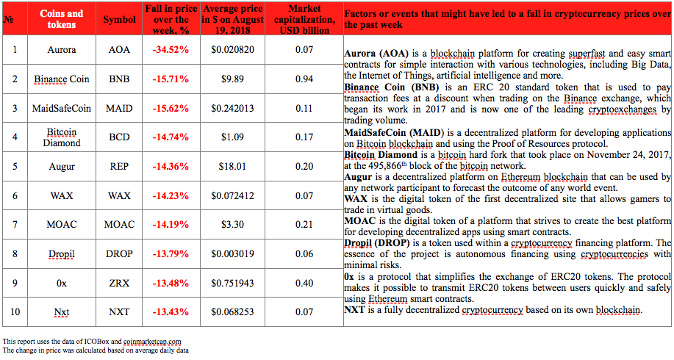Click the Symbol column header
(x=119, y=19)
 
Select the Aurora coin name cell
(x=62, y=50)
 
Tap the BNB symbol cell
(x=119, y=79)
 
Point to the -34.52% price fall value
(x=171, y=50)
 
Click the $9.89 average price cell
(x=232, y=79)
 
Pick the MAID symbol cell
(x=119, y=108)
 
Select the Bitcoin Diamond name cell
(x=62, y=137)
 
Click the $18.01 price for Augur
(x=232, y=167)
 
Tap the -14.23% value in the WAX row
(x=171, y=196)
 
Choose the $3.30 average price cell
(x=232, y=225)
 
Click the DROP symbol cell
(x=119, y=254)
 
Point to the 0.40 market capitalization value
(x=304, y=283)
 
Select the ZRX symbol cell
(x=119, y=283)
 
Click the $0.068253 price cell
(x=232, y=312)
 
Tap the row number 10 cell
(x=15, y=312)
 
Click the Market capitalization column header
(x=304, y=19)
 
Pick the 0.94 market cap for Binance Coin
(x=304, y=79)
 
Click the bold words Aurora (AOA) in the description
(x=376, y=54)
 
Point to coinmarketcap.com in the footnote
(x=152, y=342)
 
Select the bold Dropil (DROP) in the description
(x=376, y=243)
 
